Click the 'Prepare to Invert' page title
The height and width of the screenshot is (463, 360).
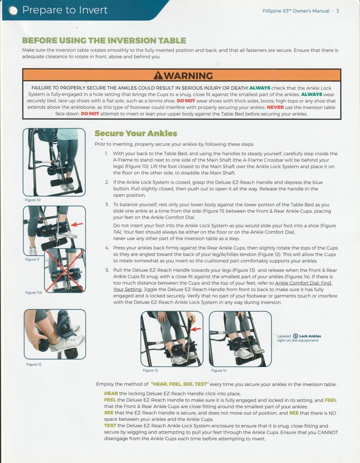64,10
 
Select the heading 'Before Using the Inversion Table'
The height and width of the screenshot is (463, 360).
104,41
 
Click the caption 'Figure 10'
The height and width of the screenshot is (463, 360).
32,200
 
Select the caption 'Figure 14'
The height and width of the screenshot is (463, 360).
219,370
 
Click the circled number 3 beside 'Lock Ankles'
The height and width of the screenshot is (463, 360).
295,336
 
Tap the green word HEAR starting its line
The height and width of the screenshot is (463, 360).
111,393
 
